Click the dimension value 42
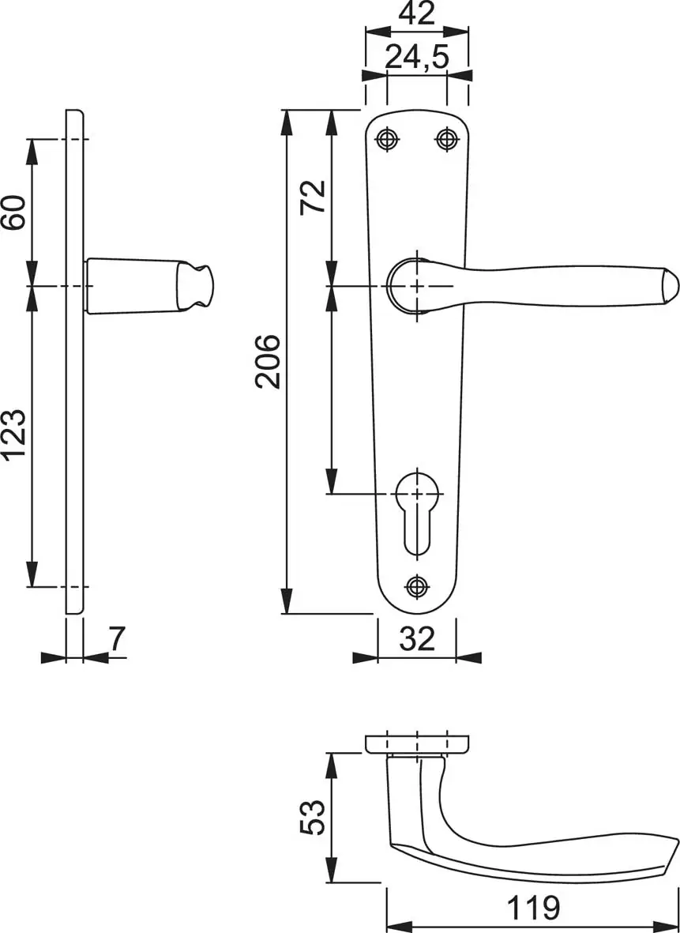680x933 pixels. pos(416,13)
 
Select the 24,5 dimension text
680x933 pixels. pos(416,57)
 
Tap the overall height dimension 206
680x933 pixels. pos(268,361)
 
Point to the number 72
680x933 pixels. pos(313,197)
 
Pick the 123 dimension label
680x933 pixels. pos(13,435)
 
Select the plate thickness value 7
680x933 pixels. pos(117,639)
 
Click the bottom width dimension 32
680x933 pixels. pos(417,639)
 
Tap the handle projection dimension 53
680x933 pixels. pos(313,817)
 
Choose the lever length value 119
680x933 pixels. pos(533,908)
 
